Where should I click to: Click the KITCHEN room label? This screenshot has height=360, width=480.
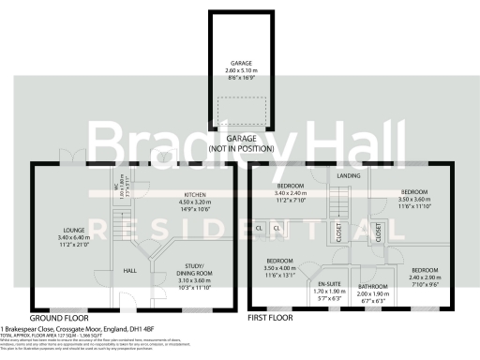(x=187, y=194)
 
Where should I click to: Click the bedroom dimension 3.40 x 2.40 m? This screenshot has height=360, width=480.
(x=292, y=193)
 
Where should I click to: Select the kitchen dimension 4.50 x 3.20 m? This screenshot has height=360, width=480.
(x=187, y=202)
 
